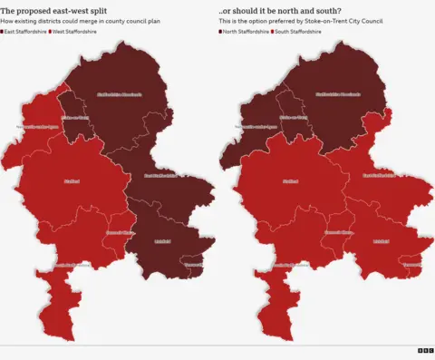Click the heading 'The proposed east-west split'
click(x=52, y=10)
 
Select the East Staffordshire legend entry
click(x=24, y=31)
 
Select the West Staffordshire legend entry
click(x=75, y=31)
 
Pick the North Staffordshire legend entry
click(x=243, y=31)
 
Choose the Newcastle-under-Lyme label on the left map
click(x=38, y=127)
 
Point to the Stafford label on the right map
click(x=288, y=181)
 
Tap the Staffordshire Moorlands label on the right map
click(x=337, y=94)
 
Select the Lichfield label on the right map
click(x=381, y=241)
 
